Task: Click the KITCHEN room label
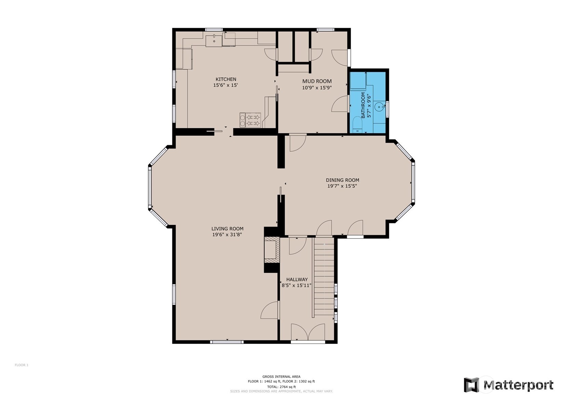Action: coord(226,79)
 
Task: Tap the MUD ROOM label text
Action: coord(317,81)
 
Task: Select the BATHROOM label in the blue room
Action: coord(363,105)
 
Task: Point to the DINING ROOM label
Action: coord(342,180)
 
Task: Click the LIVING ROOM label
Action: coord(227,229)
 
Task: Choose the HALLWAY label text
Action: coord(297,279)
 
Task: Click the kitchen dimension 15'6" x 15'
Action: coord(226,85)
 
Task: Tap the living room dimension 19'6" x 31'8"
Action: coord(227,235)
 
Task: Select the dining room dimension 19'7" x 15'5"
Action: coord(342,186)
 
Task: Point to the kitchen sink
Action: coord(214,41)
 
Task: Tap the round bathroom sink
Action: coord(379,107)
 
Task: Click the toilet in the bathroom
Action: coord(357,125)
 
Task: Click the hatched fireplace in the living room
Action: coord(272,250)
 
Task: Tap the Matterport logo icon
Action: coord(471,385)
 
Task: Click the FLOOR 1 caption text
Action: coord(22,365)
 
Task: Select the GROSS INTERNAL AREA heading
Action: coord(281,376)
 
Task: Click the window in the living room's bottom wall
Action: coord(227,342)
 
